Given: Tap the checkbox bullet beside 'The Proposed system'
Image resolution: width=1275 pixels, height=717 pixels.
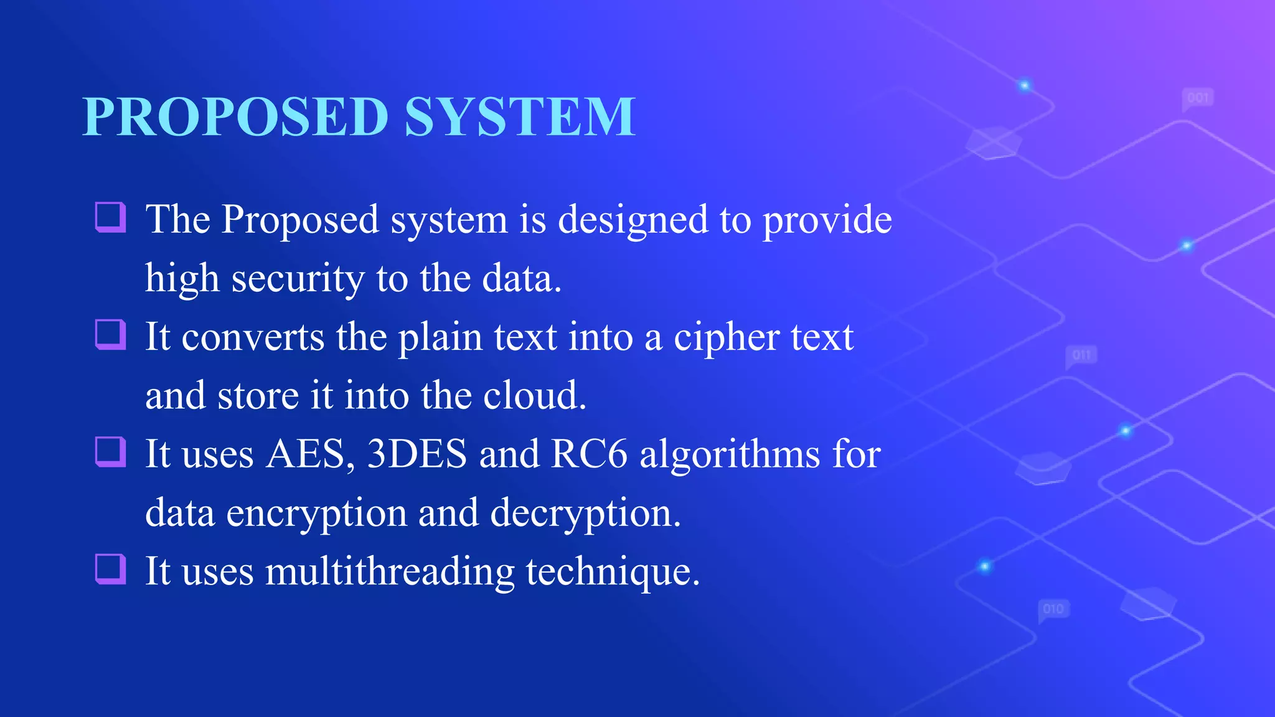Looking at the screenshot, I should pos(111,217).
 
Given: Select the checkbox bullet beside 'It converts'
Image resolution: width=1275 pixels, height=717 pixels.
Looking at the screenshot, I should pos(111,335).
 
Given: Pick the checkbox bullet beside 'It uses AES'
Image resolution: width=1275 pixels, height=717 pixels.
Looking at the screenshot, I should pos(111,452).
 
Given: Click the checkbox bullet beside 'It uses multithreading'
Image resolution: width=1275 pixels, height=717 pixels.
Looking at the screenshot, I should pos(111,569).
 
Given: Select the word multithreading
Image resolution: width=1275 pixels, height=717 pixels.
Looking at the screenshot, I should pos(390,571).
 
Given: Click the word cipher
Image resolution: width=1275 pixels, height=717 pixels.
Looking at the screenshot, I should pos(727,337).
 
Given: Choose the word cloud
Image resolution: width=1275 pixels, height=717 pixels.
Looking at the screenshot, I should pos(534,395).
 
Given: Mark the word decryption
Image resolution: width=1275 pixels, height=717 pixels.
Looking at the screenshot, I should pos(585,513).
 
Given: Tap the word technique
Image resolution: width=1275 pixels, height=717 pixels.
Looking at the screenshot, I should pos(613,571).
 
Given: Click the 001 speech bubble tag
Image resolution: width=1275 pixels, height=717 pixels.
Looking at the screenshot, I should pos(1198,98).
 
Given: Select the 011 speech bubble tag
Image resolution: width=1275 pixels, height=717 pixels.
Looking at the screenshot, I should pos(1081,355).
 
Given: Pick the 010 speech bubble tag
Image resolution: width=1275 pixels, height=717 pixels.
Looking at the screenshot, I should pos(1053,609).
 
